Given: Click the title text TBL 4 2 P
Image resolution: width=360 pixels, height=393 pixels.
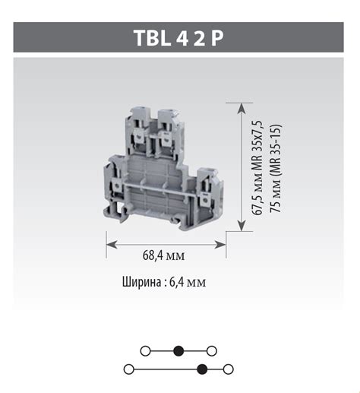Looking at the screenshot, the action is pos(178,38).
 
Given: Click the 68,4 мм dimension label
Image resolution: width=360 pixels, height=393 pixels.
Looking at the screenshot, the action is pos(164,255).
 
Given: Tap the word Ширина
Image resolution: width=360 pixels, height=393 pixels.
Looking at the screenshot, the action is pos(141,282).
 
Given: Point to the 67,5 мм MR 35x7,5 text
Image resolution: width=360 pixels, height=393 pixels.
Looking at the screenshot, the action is pos(258,168).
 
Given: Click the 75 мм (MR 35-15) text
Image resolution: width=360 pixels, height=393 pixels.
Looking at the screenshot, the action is pos(275,168).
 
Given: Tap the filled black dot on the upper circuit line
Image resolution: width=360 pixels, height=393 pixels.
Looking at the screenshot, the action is pos(178,351).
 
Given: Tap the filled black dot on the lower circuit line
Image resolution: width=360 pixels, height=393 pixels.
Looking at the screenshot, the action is pos(202,369).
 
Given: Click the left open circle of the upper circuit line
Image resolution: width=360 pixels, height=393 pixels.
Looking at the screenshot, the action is pos(145,351).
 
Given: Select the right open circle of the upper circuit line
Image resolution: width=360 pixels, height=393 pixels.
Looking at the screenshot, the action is pos(212,351).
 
